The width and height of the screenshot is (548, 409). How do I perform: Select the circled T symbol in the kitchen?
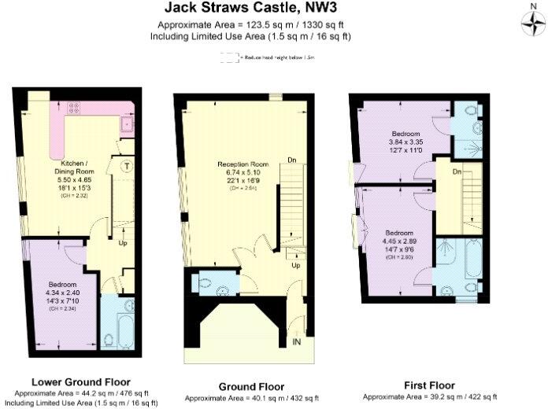point(127,165)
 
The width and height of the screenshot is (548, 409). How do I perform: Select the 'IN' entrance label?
point(297,342)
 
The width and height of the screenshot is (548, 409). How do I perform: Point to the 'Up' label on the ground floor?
point(296,265)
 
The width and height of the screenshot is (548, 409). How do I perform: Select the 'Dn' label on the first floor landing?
point(456,171)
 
